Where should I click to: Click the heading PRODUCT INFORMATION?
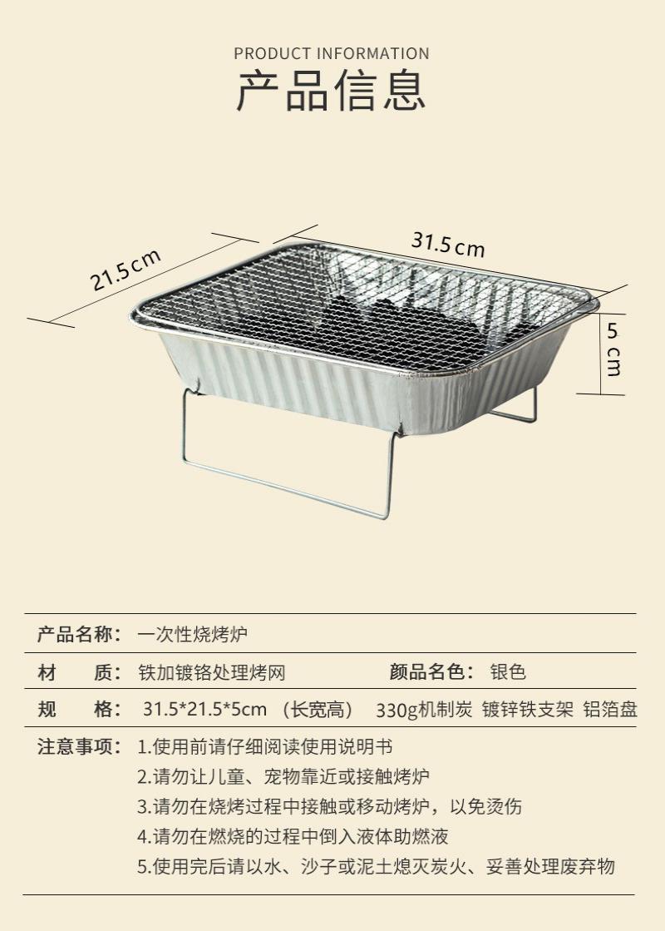331,53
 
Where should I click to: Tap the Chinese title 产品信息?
331,90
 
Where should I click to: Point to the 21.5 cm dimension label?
126,270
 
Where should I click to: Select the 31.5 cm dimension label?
448,244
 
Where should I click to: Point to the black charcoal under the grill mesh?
409,329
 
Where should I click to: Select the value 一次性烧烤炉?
192,634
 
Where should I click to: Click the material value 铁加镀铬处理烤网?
212,672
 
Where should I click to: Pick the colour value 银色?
508,671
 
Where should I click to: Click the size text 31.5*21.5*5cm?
204,709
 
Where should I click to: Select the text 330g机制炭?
424,710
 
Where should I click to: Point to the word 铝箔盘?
610,710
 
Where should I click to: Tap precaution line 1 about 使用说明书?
264,746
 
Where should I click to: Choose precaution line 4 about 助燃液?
293,837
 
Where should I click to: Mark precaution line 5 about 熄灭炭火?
376,866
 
